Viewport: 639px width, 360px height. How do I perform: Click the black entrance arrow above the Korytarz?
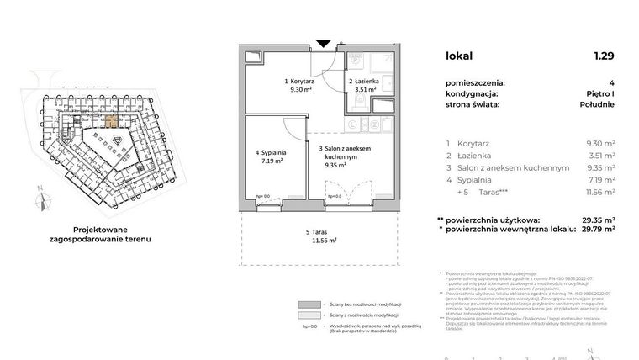(x=323, y=44)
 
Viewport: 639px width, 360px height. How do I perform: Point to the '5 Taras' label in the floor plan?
(x=319, y=231)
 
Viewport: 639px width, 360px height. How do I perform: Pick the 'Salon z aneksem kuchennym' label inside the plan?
(x=345, y=152)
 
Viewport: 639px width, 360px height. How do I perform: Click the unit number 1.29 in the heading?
(x=603, y=56)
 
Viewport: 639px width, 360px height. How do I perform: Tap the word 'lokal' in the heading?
(x=459, y=56)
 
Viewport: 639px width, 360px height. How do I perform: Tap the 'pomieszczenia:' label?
(x=476, y=82)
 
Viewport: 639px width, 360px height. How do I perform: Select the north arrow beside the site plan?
(x=39, y=199)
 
